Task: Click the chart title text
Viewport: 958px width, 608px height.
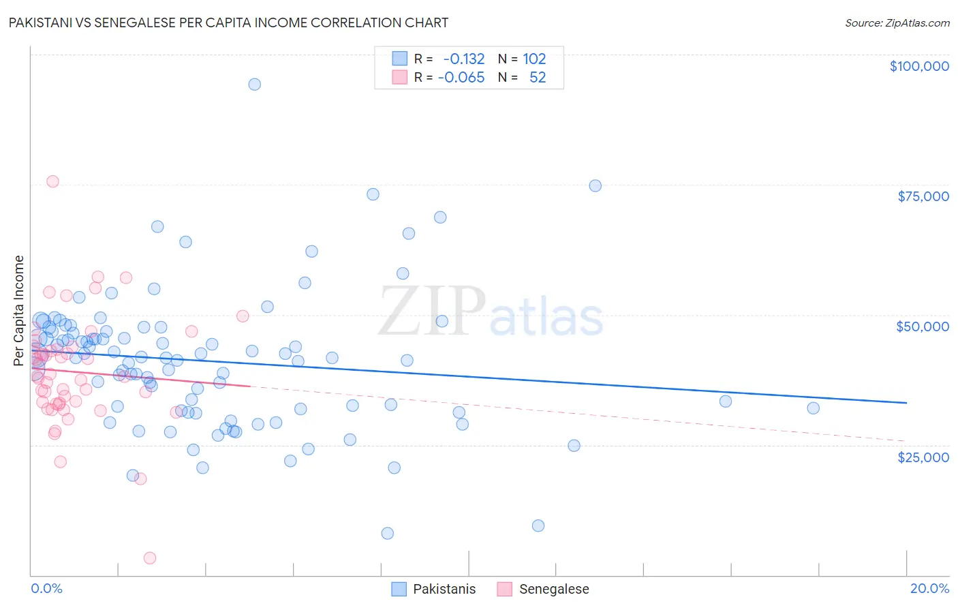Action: tap(228, 22)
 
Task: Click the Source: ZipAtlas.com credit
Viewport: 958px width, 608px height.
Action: tap(897, 23)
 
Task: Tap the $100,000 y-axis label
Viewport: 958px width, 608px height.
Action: tap(918, 66)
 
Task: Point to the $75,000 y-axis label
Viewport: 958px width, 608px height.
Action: tap(923, 196)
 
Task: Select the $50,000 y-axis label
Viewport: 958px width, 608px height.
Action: tap(922, 326)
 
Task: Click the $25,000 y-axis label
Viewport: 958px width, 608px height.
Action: tap(923, 457)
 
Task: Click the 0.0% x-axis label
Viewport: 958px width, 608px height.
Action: tap(46, 588)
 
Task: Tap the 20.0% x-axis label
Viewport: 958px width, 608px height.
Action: tap(929, 588)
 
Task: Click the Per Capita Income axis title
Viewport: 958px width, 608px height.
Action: tap(19, 310)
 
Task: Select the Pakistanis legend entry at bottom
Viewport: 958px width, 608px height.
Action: tap(444, 589)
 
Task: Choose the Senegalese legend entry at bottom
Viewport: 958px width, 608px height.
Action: tap(553, 589)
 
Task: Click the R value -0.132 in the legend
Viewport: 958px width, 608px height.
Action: tap(463, 59)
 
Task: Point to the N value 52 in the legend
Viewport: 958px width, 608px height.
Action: tap(538, 77)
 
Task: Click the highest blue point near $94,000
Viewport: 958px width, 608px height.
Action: tap(254, 85)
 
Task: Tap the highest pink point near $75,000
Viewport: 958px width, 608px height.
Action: tap(52, 181)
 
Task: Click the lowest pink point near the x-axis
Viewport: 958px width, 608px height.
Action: tap(150, 558)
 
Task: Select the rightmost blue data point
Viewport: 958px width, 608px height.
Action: tap(813, 408)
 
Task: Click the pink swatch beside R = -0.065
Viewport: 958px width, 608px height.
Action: tap(399, 77)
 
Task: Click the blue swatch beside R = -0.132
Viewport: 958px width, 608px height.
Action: tap(399, 59)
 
